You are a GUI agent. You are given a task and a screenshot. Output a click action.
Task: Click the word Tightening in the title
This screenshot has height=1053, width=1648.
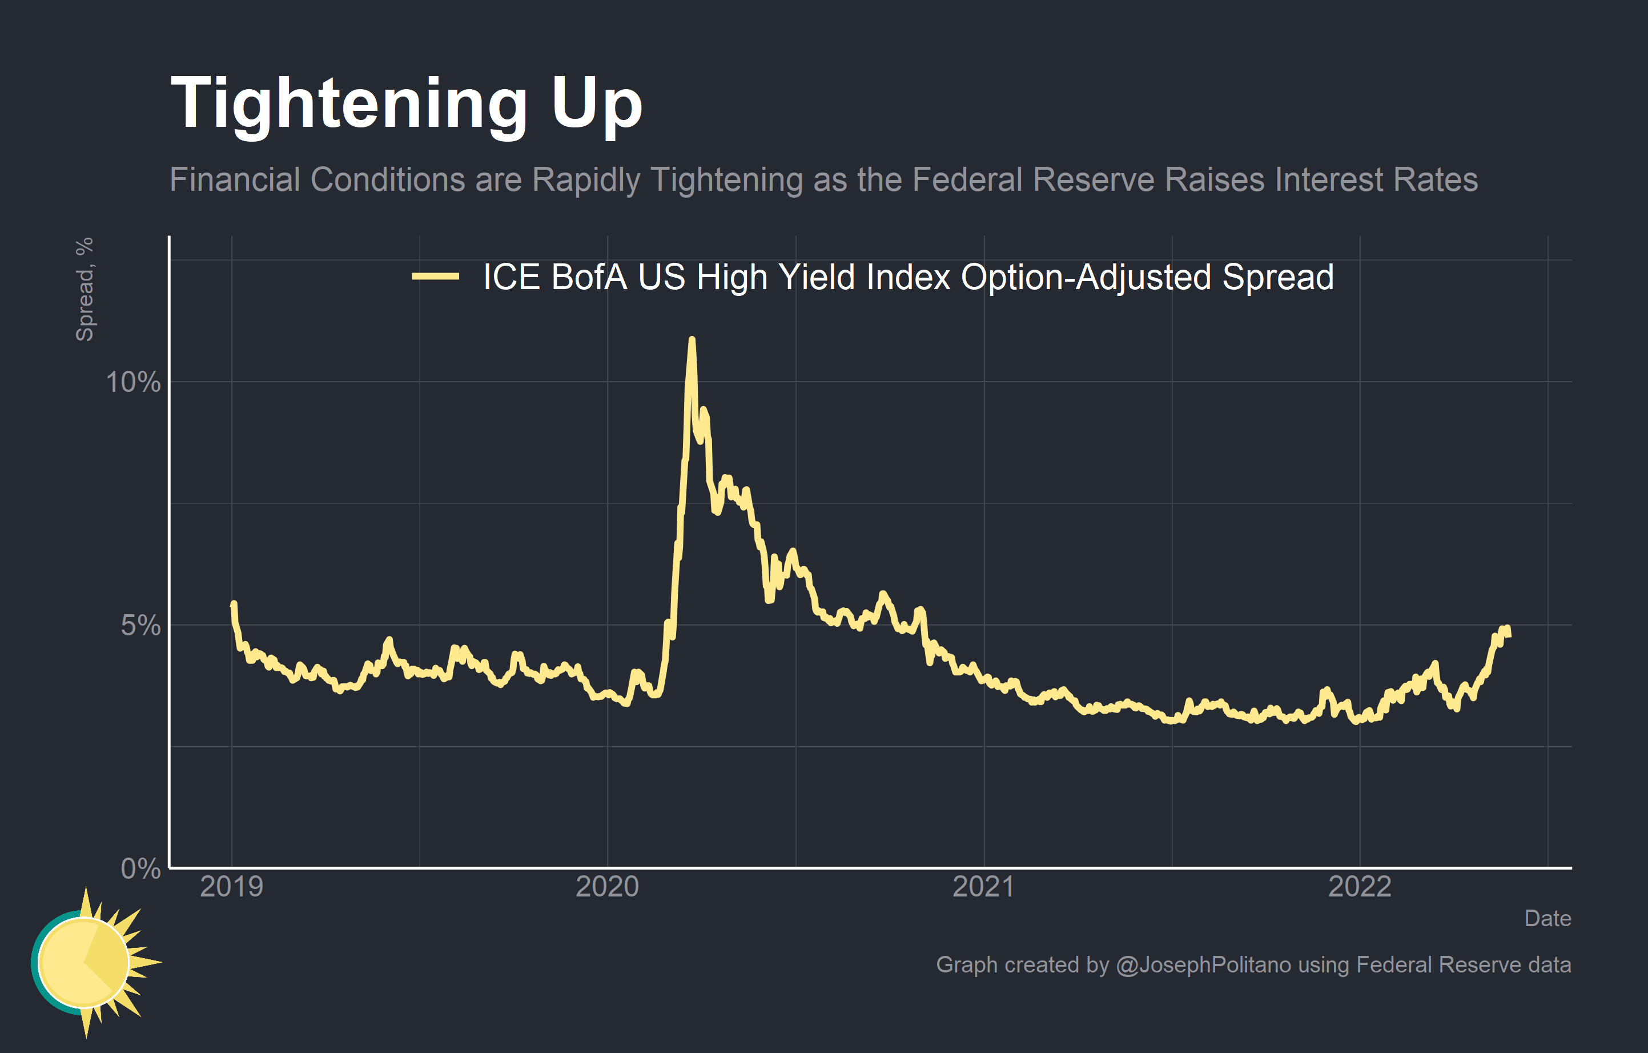click(x=348, y=105)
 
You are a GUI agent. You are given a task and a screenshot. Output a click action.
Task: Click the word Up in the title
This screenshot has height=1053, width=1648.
click(x=596, y=105)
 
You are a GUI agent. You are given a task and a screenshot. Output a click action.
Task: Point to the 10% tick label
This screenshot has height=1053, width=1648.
click(x=133, y=382)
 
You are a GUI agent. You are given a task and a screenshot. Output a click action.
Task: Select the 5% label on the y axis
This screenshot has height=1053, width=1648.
click(x=140, y=625)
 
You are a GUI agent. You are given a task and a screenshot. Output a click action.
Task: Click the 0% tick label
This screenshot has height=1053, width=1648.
click(x=140, y=869)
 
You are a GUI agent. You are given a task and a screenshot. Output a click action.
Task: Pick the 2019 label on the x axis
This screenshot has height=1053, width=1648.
click(x=231, y=887)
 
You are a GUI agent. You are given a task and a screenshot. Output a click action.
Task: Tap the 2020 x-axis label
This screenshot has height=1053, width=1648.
click(x=607, y=887)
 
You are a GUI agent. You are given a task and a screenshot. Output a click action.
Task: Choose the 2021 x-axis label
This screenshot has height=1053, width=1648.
click(x=983, y=887)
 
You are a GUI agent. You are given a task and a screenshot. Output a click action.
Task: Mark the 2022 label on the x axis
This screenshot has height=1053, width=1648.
click(x=1359, y=887)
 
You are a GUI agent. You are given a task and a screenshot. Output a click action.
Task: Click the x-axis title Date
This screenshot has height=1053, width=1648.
click(x=1547, y=918)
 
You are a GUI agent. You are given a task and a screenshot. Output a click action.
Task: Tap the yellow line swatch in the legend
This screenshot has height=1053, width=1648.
click(x=435, y=277)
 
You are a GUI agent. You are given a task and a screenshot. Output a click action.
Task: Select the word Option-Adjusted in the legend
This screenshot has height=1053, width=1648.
click(x=1086, y=277)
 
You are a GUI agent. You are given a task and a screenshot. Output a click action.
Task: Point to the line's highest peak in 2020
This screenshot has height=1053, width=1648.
click(x=692, y=339)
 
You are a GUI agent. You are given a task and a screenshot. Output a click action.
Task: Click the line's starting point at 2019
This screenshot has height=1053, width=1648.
click(x=234, y=604)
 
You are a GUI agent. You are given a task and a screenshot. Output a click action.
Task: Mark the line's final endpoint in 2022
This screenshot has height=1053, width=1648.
click(x=1508, y=635)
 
